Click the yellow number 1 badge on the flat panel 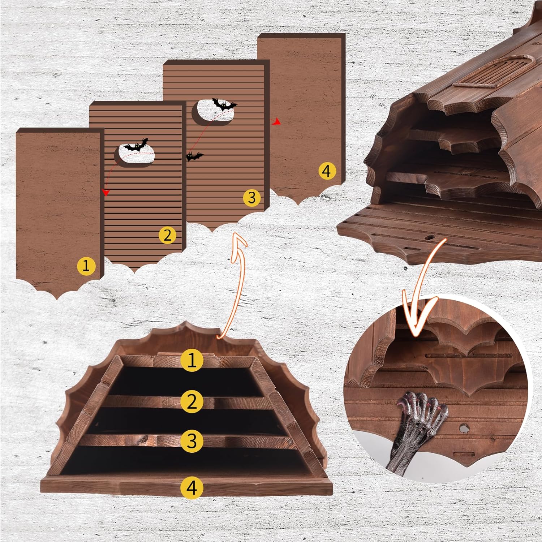(86, 266)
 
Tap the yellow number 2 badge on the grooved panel (167, 235)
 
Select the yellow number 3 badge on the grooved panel (251, 198)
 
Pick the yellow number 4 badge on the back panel (327, 171)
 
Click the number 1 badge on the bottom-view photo (192, 360)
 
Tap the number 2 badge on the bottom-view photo (192, 401)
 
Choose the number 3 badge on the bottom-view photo (192, 441)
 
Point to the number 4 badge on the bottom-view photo (192, 488)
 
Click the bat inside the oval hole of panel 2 (136, 145)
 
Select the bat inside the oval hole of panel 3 (224, 104)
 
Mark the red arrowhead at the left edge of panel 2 (106, 192)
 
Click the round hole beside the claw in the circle (463, 429)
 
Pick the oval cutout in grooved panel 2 (135, 156)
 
